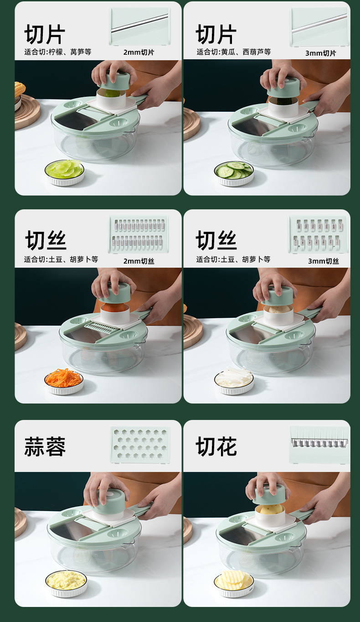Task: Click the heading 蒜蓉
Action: pyautogui.click(x=45, y=446)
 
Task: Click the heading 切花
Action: pyautogui.click(x=216, y=446)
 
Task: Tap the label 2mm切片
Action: pyautogui.click(x=139, y=52)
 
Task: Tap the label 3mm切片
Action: pyautogui.click(x=320, y=53)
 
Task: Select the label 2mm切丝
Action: pyautogui.click(x=139, y=261)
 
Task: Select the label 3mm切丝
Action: pyautogui.click(x=323, y=261)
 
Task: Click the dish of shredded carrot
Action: pyautogui.click(x=64, y=380)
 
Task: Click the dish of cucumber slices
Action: pyautogui.click(x=233, y=172)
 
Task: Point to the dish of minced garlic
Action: pyautogui.click(x=66, y=582)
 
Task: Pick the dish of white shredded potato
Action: pyautogui.click(x=234, y=380)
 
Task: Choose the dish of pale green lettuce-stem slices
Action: pyautogui.click(x=64, y=171)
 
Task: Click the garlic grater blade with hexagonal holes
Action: pyautogui.click(x=140, y=445)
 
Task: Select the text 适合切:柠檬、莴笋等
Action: pyautogui.click(x=58, y=52)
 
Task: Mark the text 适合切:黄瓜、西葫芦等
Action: pyautogui.click(x=233, y=52)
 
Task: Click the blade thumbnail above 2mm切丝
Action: pyautogui.click(x=139, y=234)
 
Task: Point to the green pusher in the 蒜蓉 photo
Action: pyautogui.click(x=110, y=500)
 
